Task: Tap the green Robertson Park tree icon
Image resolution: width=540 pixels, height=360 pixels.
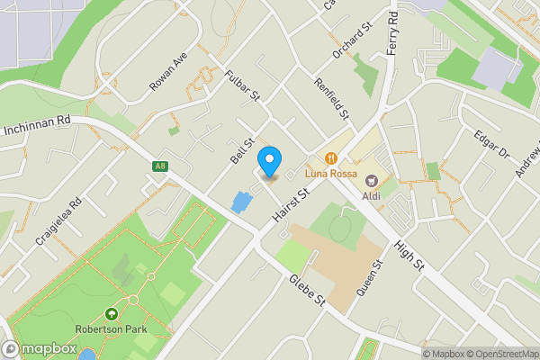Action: point(111,314)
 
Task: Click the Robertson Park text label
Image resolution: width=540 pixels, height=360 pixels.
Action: point(111,329)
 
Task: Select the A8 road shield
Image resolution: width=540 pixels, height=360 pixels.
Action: point(160,166)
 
